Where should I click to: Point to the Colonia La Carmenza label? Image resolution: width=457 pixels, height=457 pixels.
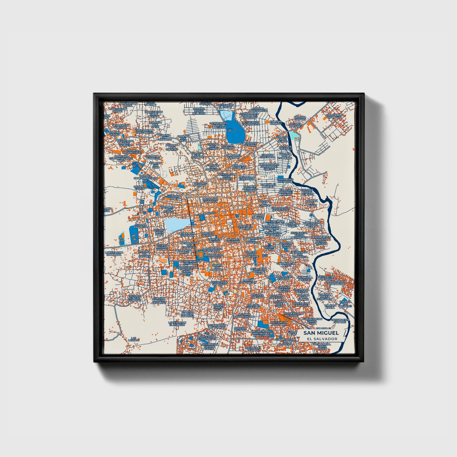click(334, 116)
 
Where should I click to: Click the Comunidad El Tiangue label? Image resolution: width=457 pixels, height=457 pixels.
click(285, 180)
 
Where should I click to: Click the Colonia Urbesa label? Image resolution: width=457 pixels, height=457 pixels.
click(175, 197)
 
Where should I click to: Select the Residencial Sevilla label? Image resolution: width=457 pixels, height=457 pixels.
click(291, 314)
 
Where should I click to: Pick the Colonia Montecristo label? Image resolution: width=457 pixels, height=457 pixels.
click(258, 109)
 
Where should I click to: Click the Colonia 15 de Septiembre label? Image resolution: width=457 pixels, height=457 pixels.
click(280, 208)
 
